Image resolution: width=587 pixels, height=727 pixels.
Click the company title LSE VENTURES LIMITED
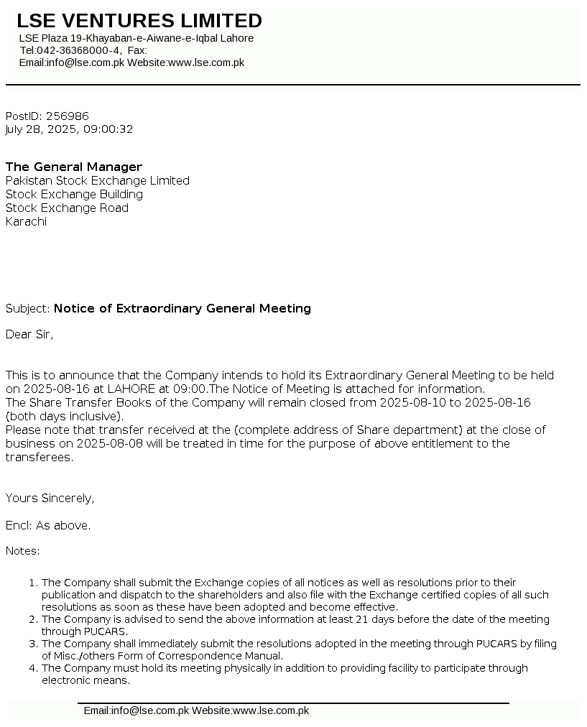click(139, 21)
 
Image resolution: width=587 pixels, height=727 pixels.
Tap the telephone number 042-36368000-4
click(78, 50)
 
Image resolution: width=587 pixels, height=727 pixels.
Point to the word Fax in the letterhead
click(136, 50)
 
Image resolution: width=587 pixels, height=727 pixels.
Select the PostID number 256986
click(68, 116)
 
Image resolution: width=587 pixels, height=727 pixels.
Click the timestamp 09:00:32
click(108, 129)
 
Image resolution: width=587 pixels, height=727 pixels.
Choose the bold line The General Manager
click(74, 167)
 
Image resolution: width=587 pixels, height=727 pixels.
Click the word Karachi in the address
click(26, 221)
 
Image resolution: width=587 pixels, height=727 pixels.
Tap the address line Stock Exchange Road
click(67, 208)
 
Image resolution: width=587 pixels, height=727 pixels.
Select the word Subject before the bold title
click(27, 308)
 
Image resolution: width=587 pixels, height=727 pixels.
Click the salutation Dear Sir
click(29, 334)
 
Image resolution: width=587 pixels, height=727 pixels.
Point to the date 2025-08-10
click(412, 402)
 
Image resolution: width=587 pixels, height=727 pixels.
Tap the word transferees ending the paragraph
click(38, 457)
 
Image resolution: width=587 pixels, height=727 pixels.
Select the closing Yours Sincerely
click(50, 498)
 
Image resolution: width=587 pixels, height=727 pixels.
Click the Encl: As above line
click(48, 525)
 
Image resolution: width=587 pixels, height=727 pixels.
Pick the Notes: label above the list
click(22, 551)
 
